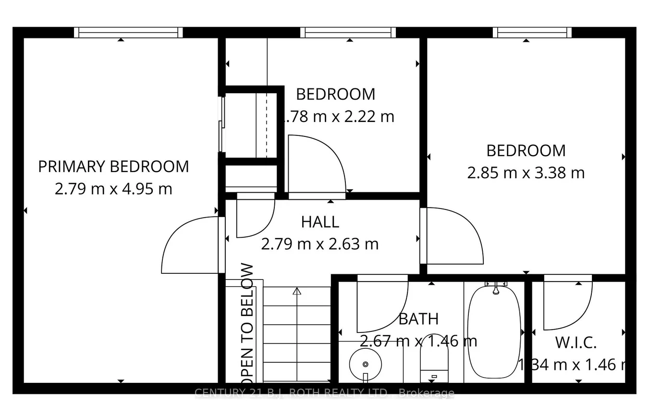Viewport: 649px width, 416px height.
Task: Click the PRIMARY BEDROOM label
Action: click(x=113, y=167)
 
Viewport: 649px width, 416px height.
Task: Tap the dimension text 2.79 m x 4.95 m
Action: click(x=113, y=189)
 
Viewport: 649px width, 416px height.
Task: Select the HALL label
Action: click(x=320, y=222)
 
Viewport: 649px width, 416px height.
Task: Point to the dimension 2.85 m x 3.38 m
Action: click(x=526, y=173)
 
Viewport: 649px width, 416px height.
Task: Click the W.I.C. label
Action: click(x=576, y=343)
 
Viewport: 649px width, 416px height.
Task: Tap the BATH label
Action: click(x=418, y=319)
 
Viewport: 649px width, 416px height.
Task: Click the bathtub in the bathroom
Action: click(x=494, y=332)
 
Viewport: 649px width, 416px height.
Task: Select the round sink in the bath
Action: click(x=365, y=364)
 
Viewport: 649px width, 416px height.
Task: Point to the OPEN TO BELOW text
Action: click(x=247, y=321)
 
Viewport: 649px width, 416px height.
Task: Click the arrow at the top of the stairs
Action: click(x=296, y=291)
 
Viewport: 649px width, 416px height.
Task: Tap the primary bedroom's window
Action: click(x=128, y=33)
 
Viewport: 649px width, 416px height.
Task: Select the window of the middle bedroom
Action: click(x=348, y=33)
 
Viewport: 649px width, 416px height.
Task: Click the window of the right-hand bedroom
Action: click(x=532, y=33)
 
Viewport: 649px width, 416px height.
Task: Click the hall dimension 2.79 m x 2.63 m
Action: click(x=320, y=244)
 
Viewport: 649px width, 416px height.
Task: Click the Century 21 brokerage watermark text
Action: click(x=324, y=393)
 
